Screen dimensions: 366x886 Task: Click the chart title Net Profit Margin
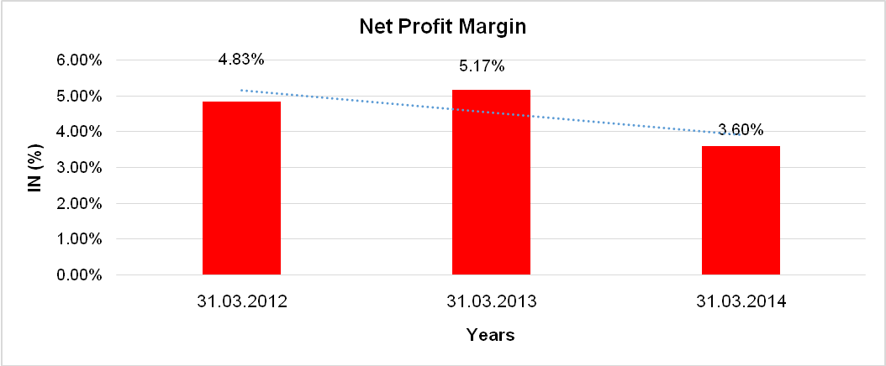442,27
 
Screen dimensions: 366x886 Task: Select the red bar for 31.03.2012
241,188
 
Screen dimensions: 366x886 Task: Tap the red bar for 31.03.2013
491,182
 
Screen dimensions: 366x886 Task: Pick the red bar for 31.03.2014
741,210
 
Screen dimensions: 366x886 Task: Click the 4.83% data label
241,60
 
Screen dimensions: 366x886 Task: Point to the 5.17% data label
481,66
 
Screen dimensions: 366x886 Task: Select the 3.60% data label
741,130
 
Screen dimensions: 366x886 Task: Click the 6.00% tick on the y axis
80,60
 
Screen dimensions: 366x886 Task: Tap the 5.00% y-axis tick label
80,97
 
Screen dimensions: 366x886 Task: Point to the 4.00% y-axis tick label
80,132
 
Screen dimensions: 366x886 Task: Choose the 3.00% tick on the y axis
80,168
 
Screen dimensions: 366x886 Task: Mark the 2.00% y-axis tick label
80,204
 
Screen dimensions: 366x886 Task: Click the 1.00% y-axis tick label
80,239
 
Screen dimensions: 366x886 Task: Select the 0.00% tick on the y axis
80,275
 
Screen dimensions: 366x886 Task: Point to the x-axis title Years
491,335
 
